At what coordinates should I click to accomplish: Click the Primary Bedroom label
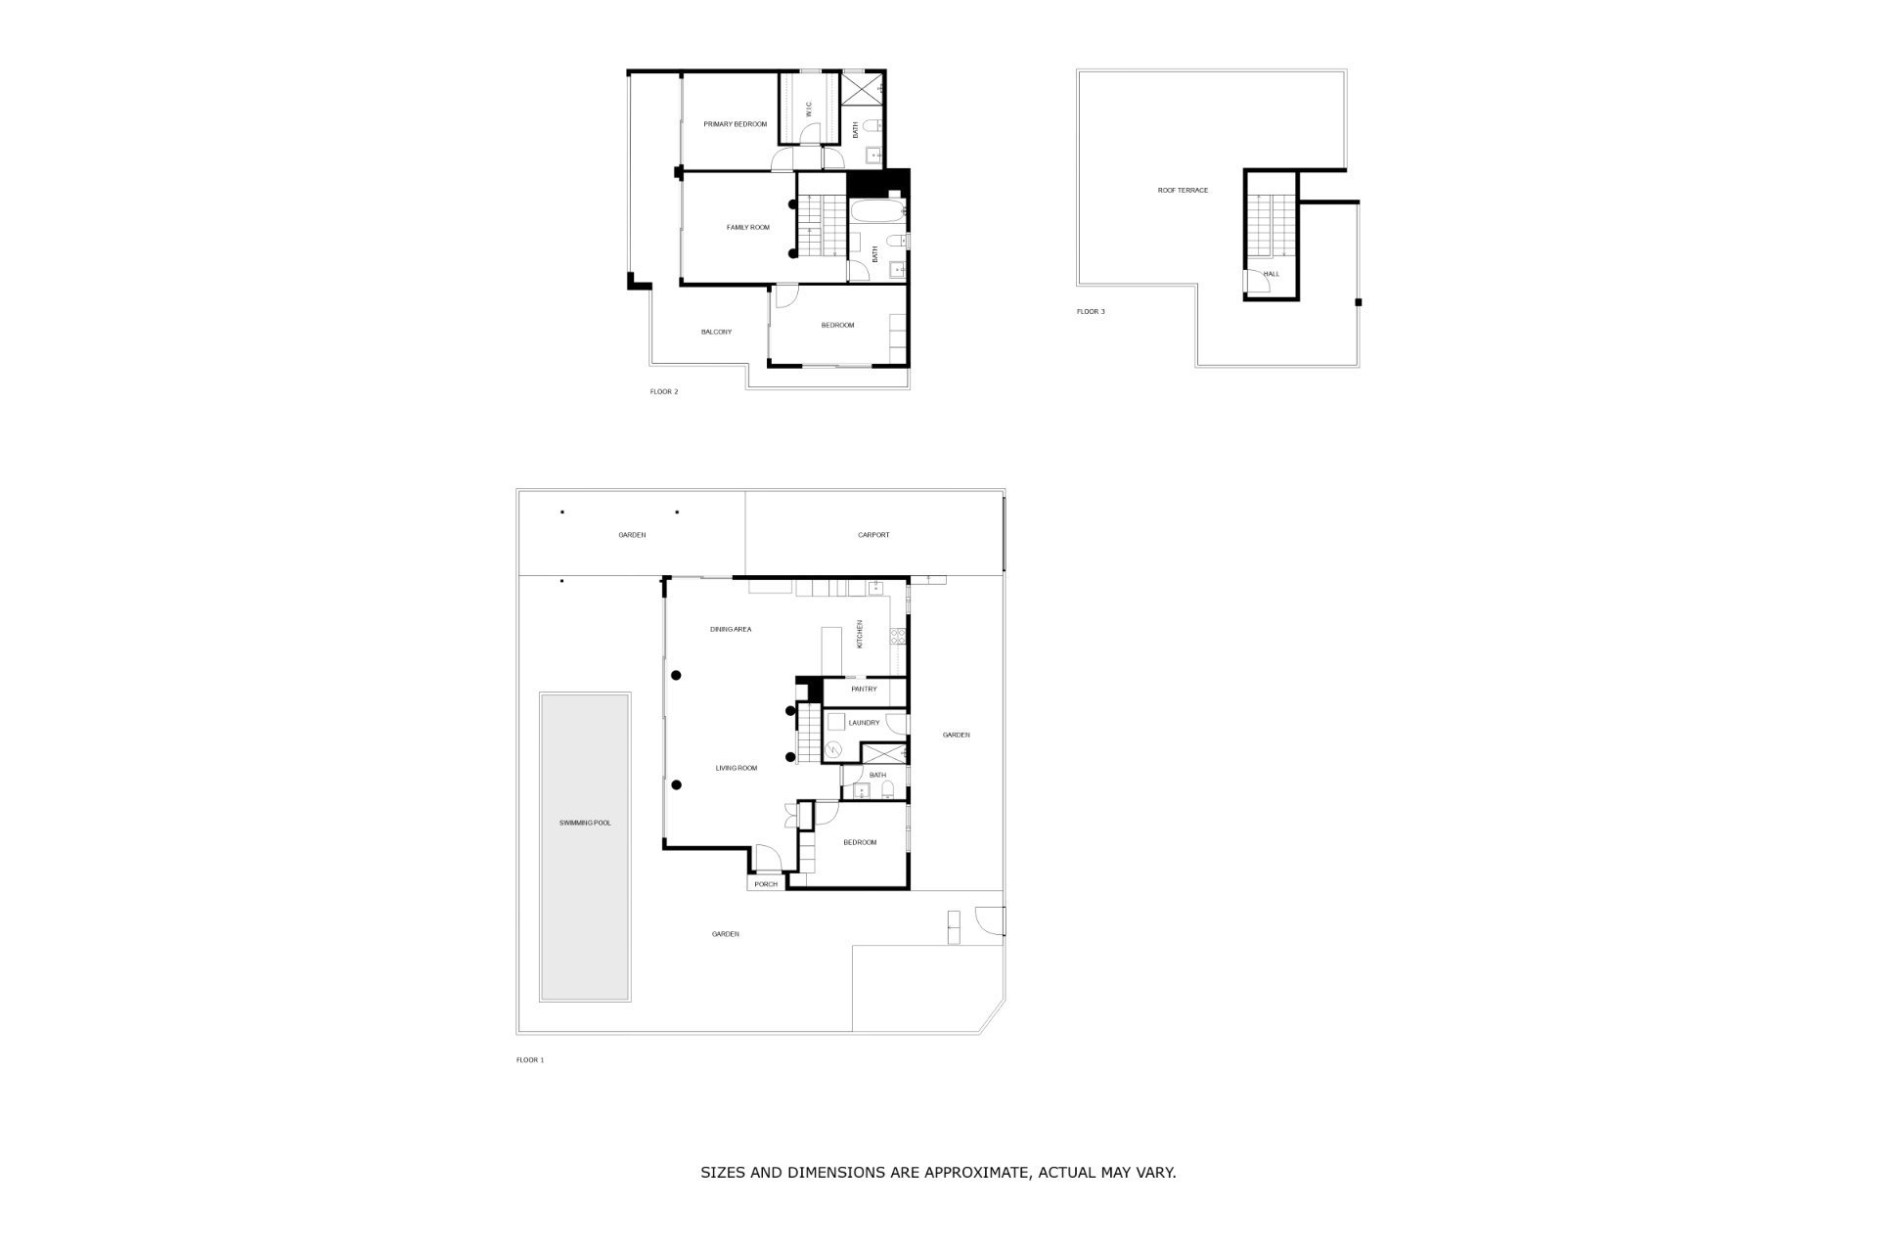tap(736, 124)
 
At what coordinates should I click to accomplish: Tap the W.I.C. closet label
tap(809, 109)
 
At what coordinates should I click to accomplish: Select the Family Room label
tap(748, 228)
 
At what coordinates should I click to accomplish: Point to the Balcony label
tap(716, 333)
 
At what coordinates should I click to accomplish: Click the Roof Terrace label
tap(1183, 191)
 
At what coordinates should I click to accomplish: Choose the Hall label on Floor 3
tap(1272, 274)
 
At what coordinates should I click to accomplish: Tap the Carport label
tap(873, 535)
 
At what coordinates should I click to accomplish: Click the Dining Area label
tap(731, 629)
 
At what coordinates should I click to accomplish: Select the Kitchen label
tap(860, 634)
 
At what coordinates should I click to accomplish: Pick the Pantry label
tap(864, 690)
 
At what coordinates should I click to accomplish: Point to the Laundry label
tap(865, 723)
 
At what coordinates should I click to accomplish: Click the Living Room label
tap(737, 769)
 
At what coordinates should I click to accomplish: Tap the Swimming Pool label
tap(585, 824)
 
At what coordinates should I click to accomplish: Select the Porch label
tap(766, 884)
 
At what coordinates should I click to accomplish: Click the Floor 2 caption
tap(664, 392)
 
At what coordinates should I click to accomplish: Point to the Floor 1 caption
tap(530, 1060)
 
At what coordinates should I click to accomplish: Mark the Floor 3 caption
tap(1091, 312)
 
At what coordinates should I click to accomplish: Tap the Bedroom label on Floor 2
tap(837, 326)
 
